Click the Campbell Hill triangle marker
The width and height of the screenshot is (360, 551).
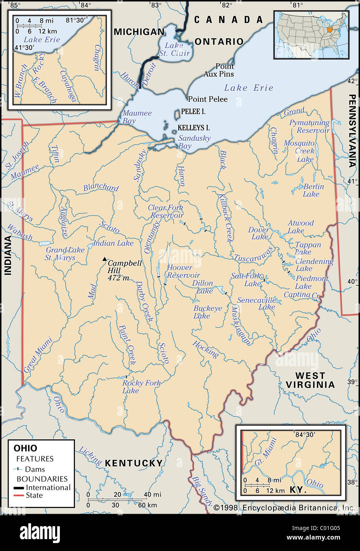coord(105,259)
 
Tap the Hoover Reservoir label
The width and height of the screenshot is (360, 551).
coord(183,272)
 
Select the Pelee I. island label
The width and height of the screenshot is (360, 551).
coord(193,112)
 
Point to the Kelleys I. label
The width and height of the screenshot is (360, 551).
coord(193,128)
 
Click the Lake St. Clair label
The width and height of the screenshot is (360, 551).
coord(174,49)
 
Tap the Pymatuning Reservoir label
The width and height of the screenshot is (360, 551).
coord(309,126)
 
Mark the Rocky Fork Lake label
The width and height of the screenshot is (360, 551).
coord(141,386)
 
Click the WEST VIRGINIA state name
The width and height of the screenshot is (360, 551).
coord(310,380)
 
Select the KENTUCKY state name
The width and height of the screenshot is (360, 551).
coord(134,463)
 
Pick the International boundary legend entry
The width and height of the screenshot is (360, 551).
coord(48,488)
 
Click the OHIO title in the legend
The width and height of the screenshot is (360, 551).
coord(25,448)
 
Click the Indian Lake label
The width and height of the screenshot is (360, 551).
coord(113,243)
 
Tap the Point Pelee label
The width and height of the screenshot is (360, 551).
coord(208,99)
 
